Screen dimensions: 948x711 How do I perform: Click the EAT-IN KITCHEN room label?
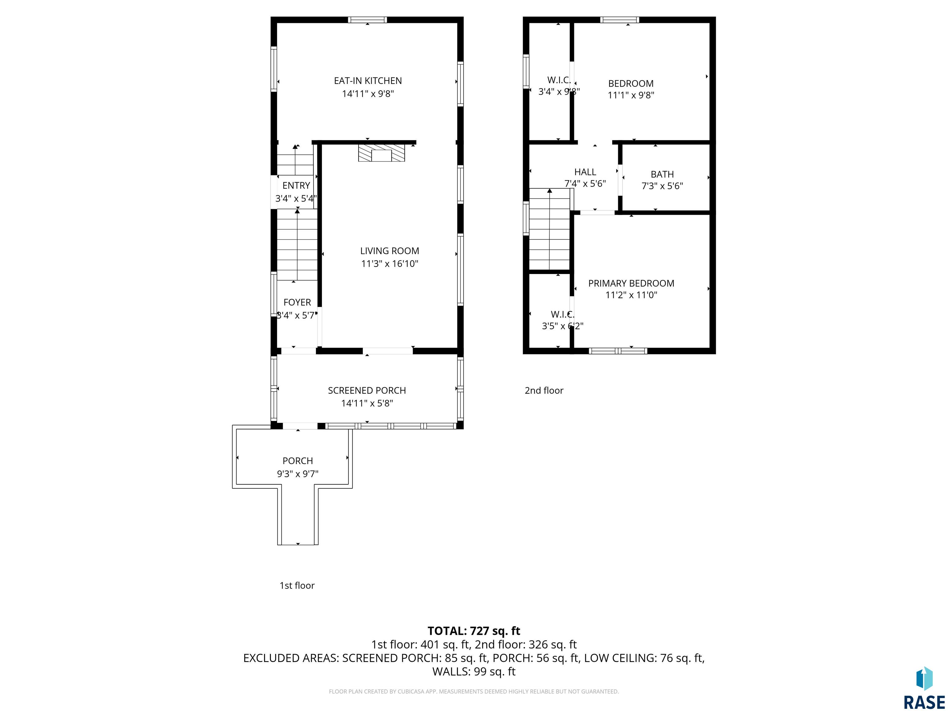tap(368, 81)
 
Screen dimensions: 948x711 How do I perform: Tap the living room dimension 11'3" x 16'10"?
tap(389, 264)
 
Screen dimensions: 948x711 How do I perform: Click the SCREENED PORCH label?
tap(367, 390)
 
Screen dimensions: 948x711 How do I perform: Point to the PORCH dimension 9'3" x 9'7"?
tap(297, 474)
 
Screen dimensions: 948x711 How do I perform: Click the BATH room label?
tap(662, 174)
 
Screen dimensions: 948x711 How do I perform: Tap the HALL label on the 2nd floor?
tap(585, 172)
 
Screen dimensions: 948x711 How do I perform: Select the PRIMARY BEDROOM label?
tap(631, 283)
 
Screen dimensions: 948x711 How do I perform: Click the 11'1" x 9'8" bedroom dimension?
tap(631, 95)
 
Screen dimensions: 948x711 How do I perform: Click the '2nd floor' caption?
tap(544, 390)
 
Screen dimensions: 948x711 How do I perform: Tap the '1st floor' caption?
tap(297, 585)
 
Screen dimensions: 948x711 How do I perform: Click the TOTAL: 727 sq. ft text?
tap(474, 631)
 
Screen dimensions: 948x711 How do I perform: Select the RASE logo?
tap(924, 688)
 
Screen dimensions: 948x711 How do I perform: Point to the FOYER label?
tap(297, 302)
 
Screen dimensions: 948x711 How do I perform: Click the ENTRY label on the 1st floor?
tap(296, 185)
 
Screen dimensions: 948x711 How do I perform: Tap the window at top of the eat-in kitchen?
tap(367, 20)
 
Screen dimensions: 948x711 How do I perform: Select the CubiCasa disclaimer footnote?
tap(474, 691)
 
